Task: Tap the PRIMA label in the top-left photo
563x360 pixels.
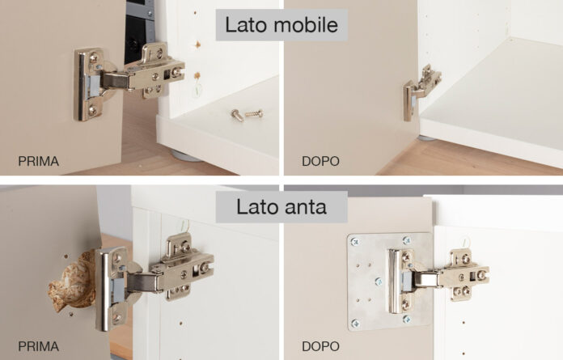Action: tap(38, 161)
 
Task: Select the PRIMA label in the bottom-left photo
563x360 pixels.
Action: tap(38, 346)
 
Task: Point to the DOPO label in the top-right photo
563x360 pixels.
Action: tap(320, 161)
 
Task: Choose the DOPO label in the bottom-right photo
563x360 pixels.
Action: tap(320, 346)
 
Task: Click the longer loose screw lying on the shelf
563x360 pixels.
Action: tap(254, 114)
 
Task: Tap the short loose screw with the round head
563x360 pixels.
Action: tap(237, 115)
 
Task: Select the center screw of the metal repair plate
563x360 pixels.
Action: tap(379, 282)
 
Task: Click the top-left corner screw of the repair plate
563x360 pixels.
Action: tap(355, 242)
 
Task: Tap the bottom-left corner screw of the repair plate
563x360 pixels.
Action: tap(355, 324)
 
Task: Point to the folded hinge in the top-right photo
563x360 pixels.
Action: tap(421, 92)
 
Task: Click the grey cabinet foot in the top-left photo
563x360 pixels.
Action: tap(185, 156)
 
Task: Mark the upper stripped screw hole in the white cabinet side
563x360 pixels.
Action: tap(197, 44)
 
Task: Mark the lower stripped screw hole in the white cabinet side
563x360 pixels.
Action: tap(197, 75)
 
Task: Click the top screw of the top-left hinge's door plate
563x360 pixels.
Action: tap(93, 57)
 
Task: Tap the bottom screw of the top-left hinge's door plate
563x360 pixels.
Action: tap(92, 109)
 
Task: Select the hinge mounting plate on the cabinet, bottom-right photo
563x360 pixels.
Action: tap(465, 274)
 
